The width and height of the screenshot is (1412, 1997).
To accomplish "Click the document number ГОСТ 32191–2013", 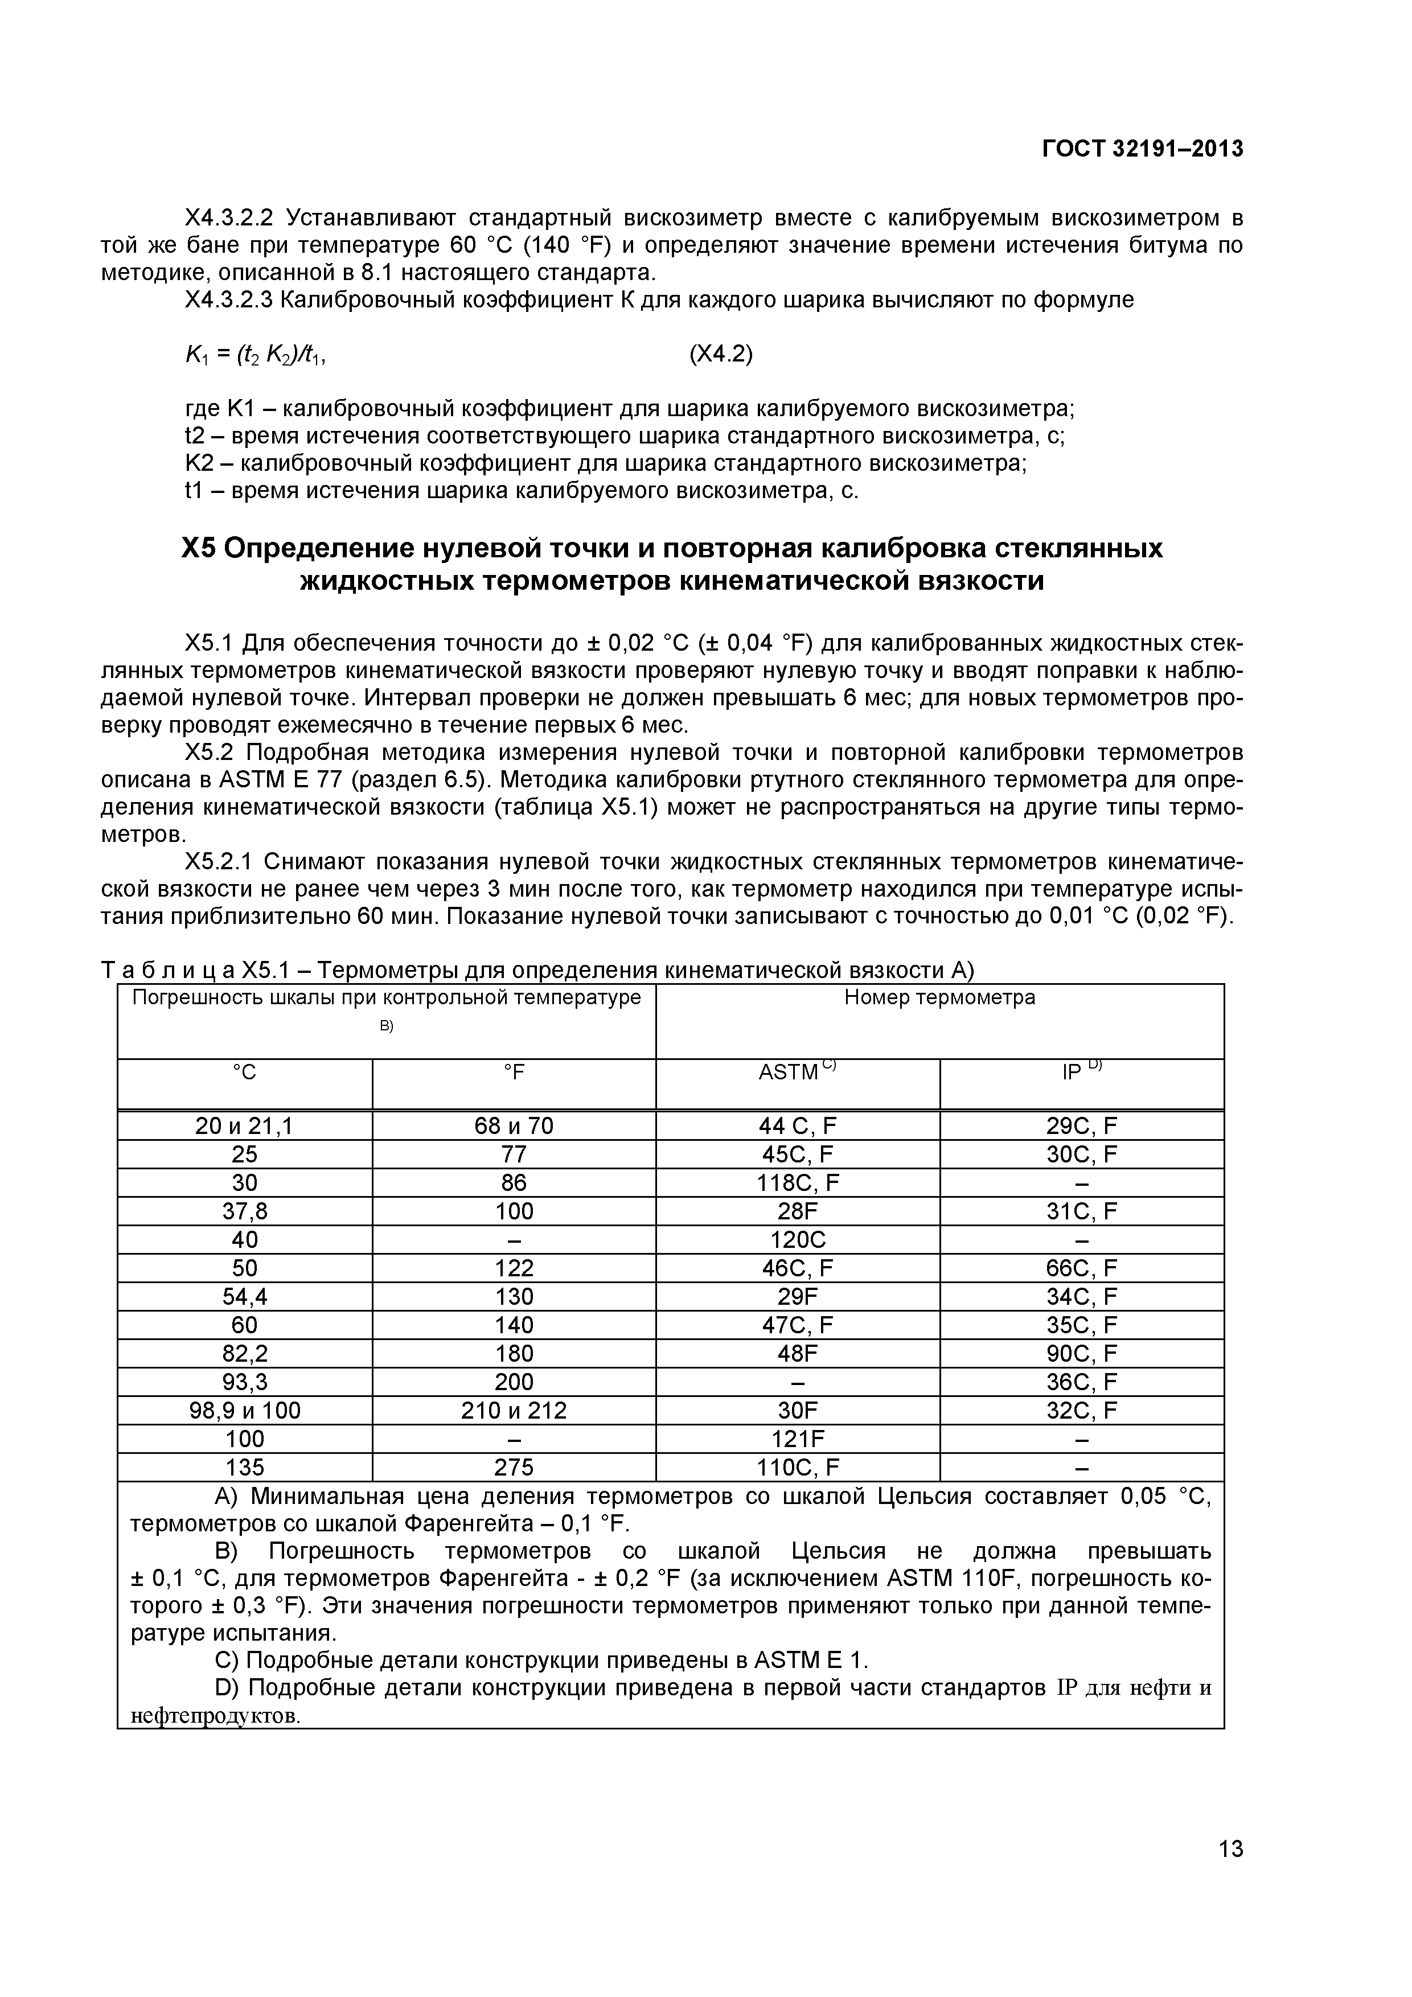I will tap(1142, 150).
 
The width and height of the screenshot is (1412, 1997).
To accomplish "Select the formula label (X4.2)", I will tap(720, 355).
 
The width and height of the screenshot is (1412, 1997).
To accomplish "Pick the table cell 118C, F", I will tap(797, 1183).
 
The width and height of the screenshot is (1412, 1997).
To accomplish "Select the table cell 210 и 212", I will tap(514, 1410).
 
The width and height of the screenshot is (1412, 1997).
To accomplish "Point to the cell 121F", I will tap(797, 1439).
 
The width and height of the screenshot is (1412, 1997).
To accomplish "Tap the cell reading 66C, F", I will tap(1081, 1268).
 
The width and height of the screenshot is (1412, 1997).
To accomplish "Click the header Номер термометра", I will tap(939, 997).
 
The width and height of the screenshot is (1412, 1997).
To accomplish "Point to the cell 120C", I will tap(797, 1239).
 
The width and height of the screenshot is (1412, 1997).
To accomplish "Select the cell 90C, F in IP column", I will tap(1081, 1353).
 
